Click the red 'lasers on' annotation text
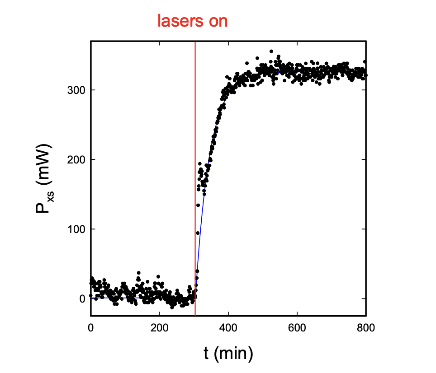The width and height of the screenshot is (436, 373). click(x=192, y=21)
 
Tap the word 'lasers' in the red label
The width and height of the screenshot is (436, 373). click(x=179, y=21)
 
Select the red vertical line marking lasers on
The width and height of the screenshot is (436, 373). click(x=195, y=181)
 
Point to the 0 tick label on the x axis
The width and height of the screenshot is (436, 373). click(x=91, y=328)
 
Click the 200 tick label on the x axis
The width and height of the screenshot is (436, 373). click(x=159, y=328)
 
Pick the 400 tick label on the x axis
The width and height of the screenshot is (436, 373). click(x=228, y=328)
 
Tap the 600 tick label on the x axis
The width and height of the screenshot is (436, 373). click(x=297, y=328)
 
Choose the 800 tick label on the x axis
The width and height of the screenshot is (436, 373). click(x=365, y=328)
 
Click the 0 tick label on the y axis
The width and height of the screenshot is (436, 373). click(x=82, y=298)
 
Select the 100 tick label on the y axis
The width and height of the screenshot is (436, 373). click(x=76, y=229)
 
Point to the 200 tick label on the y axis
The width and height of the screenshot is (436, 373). click(x=76, y=159)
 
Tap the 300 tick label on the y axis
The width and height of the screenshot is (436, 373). click(x=76, y=90)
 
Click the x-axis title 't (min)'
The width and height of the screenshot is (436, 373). click(x=228, y=354)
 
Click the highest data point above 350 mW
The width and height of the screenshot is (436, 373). click(x=271, y=51)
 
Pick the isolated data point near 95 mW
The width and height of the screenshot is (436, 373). click(x=198, y=233)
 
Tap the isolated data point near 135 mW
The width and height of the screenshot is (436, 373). click(x=198, y=205)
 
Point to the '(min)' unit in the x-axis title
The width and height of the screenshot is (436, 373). click(x=235, y=354)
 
